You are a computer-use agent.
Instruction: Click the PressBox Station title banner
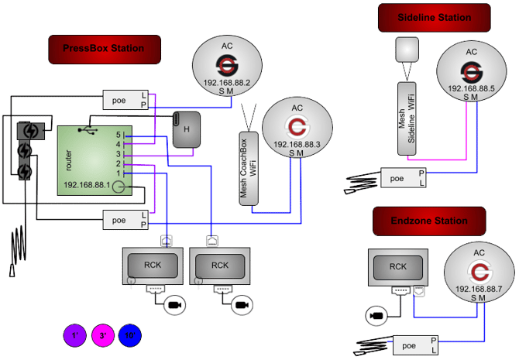[105, 49]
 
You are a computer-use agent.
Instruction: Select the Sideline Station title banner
[434, 17]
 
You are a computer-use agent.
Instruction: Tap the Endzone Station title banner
[428, 221]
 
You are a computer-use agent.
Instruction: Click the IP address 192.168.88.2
[226, 82]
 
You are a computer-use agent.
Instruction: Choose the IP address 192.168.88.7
[478, 288]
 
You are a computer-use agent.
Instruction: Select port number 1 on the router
[119, 173]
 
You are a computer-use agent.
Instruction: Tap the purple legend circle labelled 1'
[75, 336]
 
